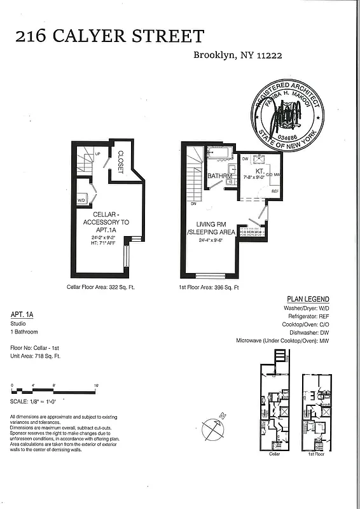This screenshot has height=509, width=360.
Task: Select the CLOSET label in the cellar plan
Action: coord(120,162)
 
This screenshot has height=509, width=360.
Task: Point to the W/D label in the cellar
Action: coord(81,200)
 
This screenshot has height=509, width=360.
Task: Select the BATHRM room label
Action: coord(220,176)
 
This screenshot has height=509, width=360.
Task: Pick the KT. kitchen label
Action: coord(260,171)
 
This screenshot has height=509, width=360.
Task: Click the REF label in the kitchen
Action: coord(275,192)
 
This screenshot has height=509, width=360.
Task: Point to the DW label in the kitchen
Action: coord(246,158)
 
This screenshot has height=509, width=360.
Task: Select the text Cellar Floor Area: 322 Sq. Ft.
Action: coord(100,287)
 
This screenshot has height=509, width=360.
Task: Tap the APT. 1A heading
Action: coord(22,314)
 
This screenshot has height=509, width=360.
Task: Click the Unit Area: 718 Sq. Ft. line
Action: coord(35,356)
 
